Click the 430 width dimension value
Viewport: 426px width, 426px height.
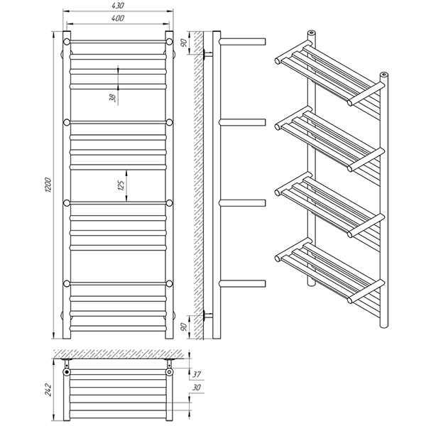coord(118,6)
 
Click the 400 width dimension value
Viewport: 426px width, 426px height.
coord(118,18)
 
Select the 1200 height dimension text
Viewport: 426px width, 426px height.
coord(48,185)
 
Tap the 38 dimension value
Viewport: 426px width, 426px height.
coord(113,98)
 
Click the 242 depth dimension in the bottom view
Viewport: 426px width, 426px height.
coord(48,390)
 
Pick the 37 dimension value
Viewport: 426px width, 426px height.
coord(197,374)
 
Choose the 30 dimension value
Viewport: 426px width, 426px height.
coord(197,388)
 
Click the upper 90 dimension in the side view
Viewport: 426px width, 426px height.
coord(184,43)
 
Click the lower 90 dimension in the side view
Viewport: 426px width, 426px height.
coord(184,327)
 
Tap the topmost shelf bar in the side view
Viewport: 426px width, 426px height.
coord(242,42)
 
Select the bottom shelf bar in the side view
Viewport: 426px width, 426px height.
coord(242,283)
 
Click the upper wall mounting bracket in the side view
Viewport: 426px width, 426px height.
coord(207,54)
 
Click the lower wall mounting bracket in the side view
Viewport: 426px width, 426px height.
coord(207,315)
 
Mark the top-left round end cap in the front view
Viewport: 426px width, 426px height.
coord(67,42)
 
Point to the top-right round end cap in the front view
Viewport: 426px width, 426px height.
coord(170,42)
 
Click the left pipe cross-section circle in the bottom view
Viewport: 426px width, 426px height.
coord(67,371)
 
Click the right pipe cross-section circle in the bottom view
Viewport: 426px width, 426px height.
coord(170,371)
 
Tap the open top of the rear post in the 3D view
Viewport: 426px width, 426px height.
coord(312,33)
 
